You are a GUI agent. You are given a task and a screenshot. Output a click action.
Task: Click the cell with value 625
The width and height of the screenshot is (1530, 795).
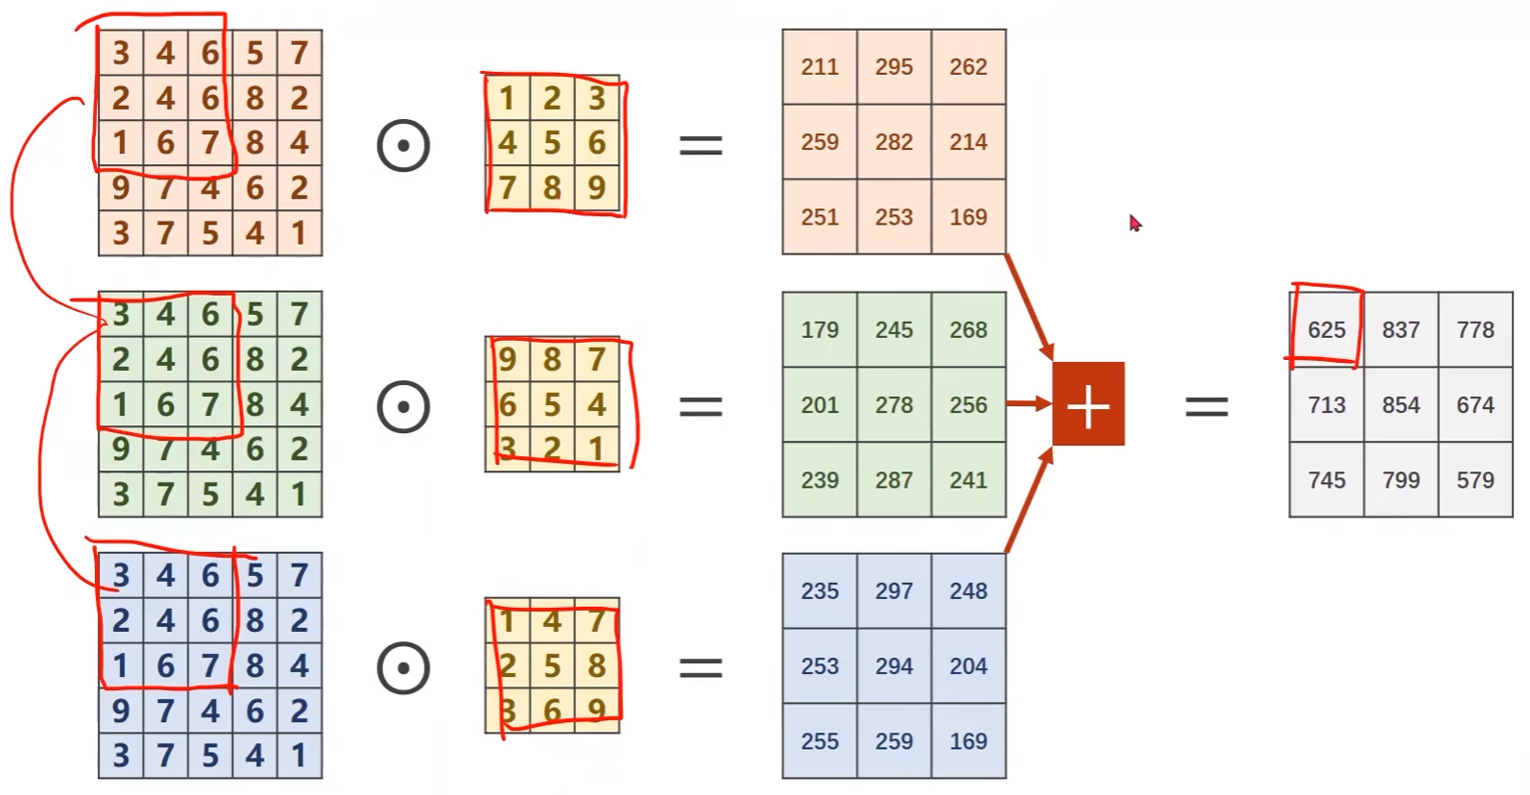1327,329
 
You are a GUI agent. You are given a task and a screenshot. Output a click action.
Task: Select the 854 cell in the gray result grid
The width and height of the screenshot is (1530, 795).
1400,404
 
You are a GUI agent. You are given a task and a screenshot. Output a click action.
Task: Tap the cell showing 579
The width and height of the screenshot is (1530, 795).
1475,479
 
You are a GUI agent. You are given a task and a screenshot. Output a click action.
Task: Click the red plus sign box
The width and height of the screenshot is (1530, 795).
1088,404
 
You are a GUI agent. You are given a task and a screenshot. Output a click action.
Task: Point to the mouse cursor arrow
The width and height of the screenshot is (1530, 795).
1135,223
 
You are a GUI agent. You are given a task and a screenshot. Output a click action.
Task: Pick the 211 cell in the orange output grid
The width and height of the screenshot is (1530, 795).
820,66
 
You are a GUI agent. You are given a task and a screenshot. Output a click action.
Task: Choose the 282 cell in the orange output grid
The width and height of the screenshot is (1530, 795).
894,141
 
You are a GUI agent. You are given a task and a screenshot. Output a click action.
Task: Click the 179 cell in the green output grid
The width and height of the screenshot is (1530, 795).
820,329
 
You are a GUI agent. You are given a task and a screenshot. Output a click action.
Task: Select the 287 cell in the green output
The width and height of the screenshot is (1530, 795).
894,479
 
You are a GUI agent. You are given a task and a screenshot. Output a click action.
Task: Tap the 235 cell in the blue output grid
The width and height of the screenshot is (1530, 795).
820,590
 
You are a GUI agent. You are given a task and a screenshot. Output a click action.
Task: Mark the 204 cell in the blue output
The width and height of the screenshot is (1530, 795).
968,665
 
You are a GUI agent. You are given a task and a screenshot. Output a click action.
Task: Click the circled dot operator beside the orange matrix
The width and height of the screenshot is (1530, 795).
403,145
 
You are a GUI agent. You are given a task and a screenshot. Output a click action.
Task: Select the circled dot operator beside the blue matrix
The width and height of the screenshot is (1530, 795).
403,667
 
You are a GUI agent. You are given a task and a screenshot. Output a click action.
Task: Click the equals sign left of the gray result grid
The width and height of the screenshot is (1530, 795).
1207,406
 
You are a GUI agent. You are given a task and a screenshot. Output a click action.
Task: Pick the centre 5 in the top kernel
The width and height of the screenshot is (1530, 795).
552,143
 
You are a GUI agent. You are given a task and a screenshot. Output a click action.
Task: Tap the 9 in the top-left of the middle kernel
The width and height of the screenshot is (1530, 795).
507,360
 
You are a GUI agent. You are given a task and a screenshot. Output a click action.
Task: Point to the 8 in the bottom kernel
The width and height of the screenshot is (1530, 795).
596,665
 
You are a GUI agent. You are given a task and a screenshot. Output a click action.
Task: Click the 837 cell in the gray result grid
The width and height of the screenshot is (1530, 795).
1400,329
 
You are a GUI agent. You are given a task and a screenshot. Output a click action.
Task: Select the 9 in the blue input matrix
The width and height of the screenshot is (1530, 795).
121,711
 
